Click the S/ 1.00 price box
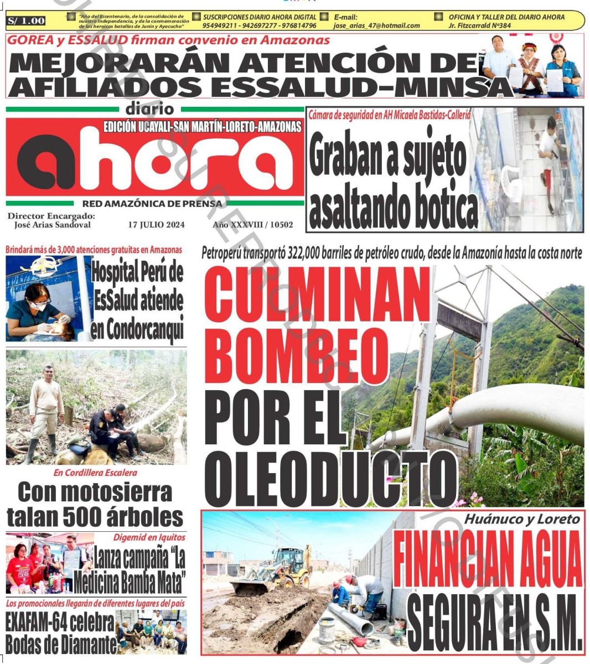point(26,21)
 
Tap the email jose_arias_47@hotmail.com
point(376,25)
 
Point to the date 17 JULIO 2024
point(156,225)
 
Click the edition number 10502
point(282,225)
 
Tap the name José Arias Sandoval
point(53,225)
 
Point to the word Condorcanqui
point(137,330)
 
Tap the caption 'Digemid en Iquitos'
point(149,537)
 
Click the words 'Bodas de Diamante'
point(61,644)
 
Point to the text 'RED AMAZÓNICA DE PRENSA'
point(152,204)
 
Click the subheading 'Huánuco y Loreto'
point(522,519)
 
